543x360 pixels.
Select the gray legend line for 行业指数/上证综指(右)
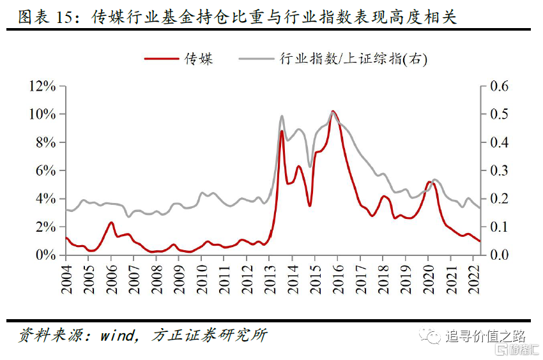coord(256,59)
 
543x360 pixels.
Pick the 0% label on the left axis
coord(48,255)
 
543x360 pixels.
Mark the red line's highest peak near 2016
coord(333,112)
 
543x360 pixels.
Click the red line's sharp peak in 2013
coord(282,131)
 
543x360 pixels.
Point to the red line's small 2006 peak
coord(111,223)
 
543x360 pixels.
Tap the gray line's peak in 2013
coord(282,116)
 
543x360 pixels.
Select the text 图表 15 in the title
coord(42,17)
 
